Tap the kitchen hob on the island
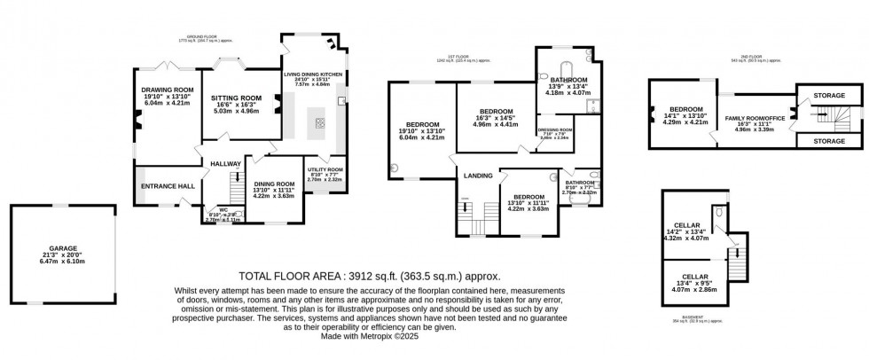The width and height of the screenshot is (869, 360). [318, 123]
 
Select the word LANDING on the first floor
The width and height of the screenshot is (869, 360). [471, 176]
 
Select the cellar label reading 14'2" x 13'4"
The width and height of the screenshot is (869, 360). [686, 232]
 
